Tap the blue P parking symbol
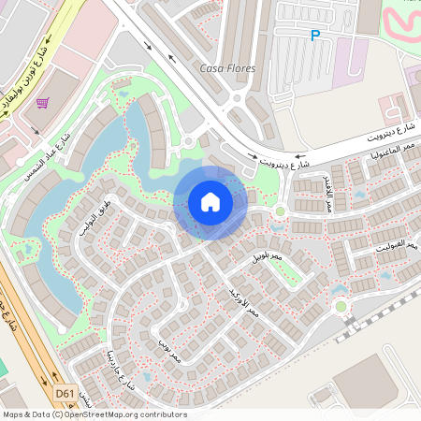coord(315,36)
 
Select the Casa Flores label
coord(227,68)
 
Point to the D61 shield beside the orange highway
coord(65,394)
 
